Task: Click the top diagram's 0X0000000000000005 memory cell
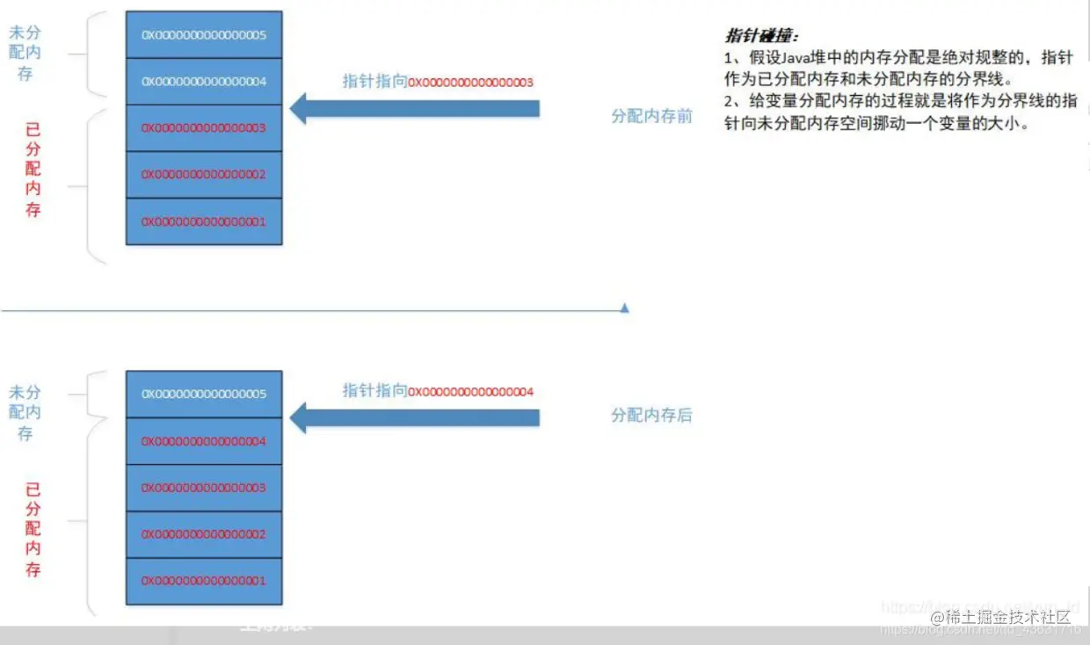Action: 204,35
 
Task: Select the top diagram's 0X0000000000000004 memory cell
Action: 204,82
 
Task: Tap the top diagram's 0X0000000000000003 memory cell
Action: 204,128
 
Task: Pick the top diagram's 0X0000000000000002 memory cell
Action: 204,175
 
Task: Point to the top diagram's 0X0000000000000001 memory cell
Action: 204,221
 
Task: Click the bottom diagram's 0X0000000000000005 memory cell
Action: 204,395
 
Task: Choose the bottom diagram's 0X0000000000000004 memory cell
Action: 204,441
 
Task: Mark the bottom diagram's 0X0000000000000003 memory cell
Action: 204,488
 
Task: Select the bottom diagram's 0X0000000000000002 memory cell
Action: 204,534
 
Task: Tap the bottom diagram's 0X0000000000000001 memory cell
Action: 204,581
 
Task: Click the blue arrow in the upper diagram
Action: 413,108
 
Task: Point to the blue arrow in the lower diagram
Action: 413,418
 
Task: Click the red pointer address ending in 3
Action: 471,83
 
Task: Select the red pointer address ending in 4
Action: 471,392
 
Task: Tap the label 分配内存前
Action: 651,116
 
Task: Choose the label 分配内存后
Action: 651,416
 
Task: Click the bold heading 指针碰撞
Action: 760,37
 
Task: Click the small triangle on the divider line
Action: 624,308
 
